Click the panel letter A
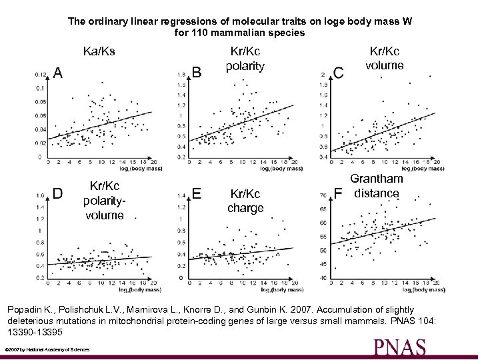point(59,72)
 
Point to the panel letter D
point(58,193)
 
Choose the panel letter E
point(197,193)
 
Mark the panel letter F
point(338,194)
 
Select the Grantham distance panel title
point(377,186)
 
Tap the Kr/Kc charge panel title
point(245,201)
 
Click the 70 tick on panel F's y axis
point(323,195)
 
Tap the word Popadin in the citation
point(26,309)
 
